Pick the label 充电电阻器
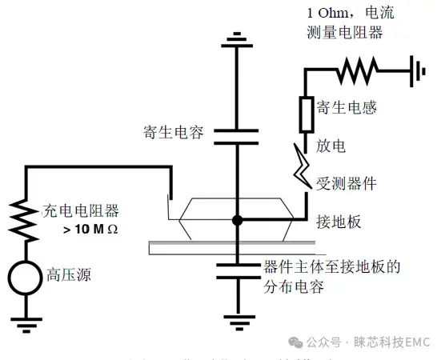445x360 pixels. [x=80, y=212]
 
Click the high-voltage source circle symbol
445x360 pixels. [x=25, y=276]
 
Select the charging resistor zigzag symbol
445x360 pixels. [x=25, y=216]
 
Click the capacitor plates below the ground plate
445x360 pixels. [x=236, y=268]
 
